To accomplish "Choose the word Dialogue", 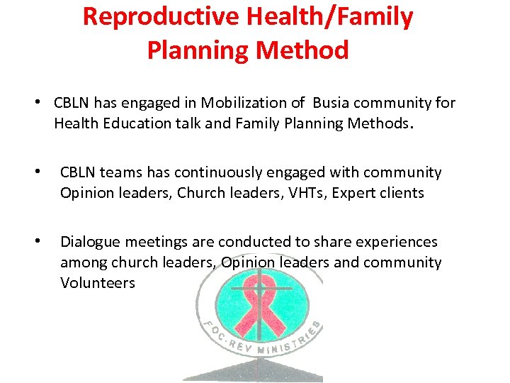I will point(89,243).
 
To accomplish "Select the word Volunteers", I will point(98,283).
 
